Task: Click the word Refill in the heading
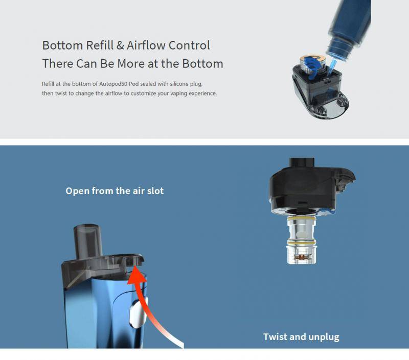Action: [100, 45]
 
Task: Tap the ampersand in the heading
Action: [120, 45]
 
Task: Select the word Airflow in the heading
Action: [146, 45]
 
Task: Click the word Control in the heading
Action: [189, 45]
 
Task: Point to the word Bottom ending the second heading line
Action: [202, 64]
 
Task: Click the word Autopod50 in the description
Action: [113, 84]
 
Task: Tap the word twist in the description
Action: [61, 93]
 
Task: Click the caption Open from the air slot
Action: [115, 191]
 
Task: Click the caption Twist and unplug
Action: [301, 337]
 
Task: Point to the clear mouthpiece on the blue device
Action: [87, 241]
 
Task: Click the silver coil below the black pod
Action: [302, 239]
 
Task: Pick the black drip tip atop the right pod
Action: [302, 164]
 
